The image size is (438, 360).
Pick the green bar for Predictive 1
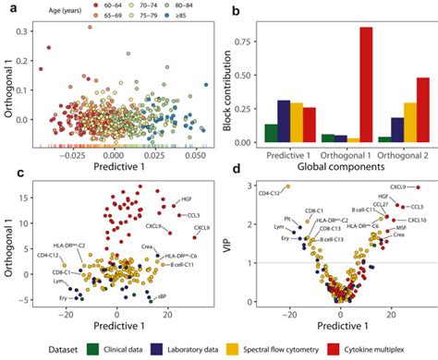[x=270, y=133]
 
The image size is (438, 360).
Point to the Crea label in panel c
[x=147, y=246]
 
